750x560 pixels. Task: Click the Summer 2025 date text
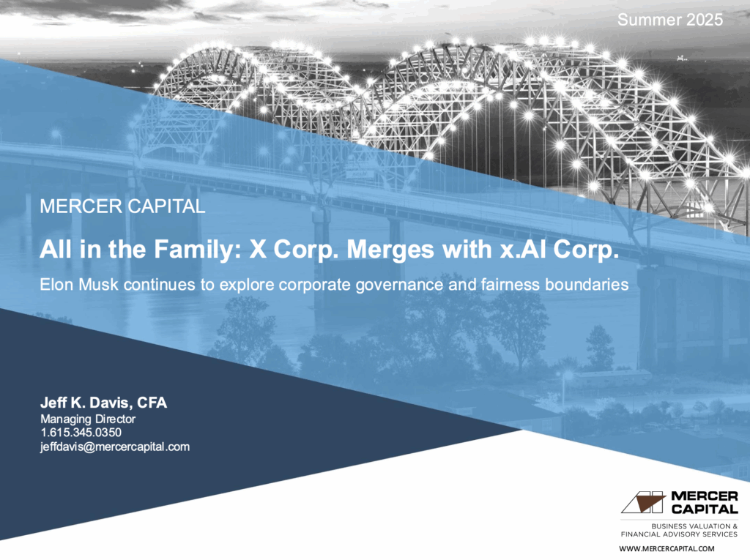coord(669,20)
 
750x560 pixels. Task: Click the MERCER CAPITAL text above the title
coord(122,206)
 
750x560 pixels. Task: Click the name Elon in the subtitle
coord(57,285)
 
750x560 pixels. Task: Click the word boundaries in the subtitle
coord(587,285)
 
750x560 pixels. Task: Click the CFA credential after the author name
coord(152,403)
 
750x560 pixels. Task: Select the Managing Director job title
coord(88,419)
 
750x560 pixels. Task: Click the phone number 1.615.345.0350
coord(81,433)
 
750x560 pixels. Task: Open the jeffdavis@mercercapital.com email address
coord(115,447)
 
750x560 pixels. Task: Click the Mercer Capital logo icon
coord(643,503)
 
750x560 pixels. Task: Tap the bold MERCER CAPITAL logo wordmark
coord(704,503)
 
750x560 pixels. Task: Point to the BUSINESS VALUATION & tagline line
coord(694,526)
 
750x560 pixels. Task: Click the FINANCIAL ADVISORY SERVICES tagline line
coord(679,534)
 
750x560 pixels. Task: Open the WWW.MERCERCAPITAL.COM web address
coord(667,548)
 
